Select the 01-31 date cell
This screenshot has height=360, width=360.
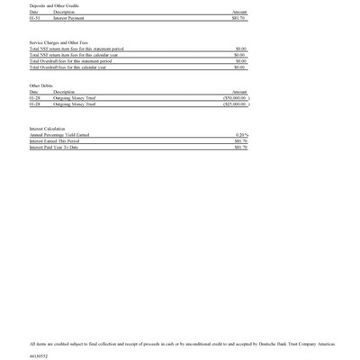(34, 17)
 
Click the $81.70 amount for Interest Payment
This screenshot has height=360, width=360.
(238, 17)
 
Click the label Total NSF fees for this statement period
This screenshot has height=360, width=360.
(76, 49)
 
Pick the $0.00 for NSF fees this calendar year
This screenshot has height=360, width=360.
(240, 55)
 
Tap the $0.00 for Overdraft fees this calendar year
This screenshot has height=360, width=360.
(240, 67)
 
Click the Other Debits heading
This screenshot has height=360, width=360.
(41, 85)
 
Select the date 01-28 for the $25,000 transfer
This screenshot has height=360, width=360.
(34, 104)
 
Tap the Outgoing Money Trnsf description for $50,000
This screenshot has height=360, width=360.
(75, 98)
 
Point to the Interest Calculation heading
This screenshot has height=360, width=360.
(48, 129)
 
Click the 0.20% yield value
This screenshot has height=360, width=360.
(241, 135)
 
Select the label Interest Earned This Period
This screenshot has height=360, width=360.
(54, 141)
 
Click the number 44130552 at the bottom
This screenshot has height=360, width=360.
(39, 355)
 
